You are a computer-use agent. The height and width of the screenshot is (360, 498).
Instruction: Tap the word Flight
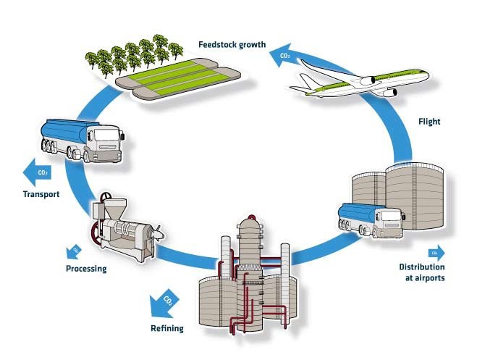click(x=431, y=122)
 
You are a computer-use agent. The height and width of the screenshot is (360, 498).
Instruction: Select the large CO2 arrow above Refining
click(x=164, y=301)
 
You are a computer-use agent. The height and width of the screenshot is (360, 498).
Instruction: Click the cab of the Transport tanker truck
click(x=104, y=143)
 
